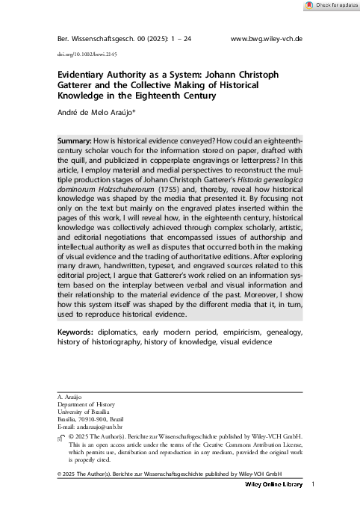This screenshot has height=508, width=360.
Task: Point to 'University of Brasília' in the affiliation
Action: [x=84, y=412]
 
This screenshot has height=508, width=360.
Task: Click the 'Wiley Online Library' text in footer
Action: [x=274, y=485]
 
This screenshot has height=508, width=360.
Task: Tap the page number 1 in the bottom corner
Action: [x=314, y=485]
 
